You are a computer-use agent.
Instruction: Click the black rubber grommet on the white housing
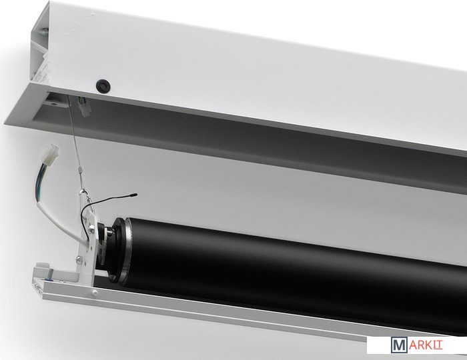103,85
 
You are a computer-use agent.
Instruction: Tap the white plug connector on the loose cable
51,154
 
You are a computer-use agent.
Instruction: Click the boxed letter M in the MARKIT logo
398,345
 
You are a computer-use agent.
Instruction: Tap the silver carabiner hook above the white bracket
86,199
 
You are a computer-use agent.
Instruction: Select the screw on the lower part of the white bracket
79,259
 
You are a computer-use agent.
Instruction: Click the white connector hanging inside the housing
83,109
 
